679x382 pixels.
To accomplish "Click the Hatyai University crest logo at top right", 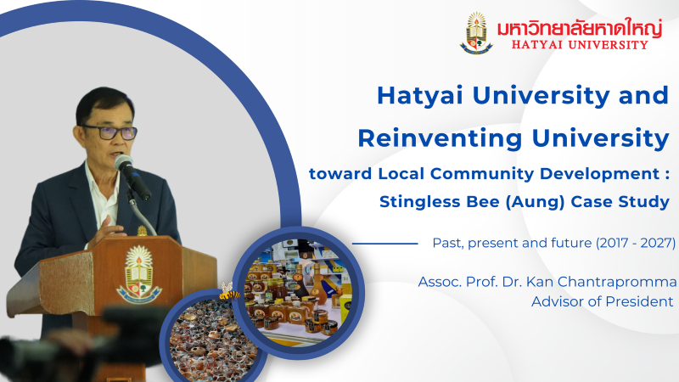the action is click(x=476, y=33).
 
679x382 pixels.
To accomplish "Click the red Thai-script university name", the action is click(x=580, y=28).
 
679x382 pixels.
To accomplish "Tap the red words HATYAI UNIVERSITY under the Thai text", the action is click(x=580, y=45).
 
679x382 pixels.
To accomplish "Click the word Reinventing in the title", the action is click(x=440, y=138).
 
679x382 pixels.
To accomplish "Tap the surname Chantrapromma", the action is click(x=617, y=282).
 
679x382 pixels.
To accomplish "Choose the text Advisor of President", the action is click(x=602, y=301).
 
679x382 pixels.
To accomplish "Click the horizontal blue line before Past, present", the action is click(x=385, y=244).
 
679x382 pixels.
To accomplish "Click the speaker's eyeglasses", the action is click(x=111, y=132).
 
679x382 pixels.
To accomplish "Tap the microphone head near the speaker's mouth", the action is click(x=123, y=162).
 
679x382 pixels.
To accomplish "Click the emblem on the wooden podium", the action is click(x=138, y=274).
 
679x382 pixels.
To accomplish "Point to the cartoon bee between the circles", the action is click(x=228, y=292).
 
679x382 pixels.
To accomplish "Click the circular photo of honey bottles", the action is click(x=298, y=293).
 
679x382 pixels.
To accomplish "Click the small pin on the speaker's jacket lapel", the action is click(x=142, y=230).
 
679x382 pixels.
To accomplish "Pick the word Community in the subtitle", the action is click(x=482, y=175).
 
